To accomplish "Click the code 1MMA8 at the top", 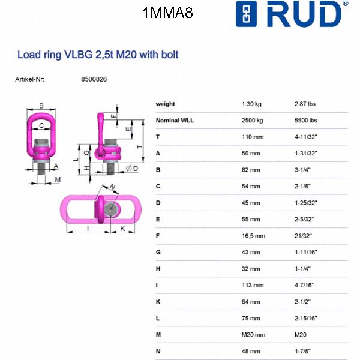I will tap(168, 13).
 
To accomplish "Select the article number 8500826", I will tap(94, 79).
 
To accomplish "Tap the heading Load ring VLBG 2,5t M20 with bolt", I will tap(98, 55).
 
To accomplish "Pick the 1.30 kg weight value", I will tap(252, 104).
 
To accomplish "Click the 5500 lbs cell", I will tap(305, 120).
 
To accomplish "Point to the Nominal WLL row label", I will tap(175, 120).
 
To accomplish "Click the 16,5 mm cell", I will tap(253, 236).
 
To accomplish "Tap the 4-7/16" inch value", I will tap(304, 285).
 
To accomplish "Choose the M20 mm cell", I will tap(253, 334).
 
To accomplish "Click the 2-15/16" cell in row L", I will tap(306, 318).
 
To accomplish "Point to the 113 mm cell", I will tap(251, 285).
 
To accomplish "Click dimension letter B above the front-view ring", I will tap(41, 106).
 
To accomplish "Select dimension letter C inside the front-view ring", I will tap(41, 125).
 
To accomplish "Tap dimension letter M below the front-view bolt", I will tap(58, 180).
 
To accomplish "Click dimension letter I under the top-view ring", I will tap(88, 229).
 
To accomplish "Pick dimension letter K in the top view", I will tap(122, 229).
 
